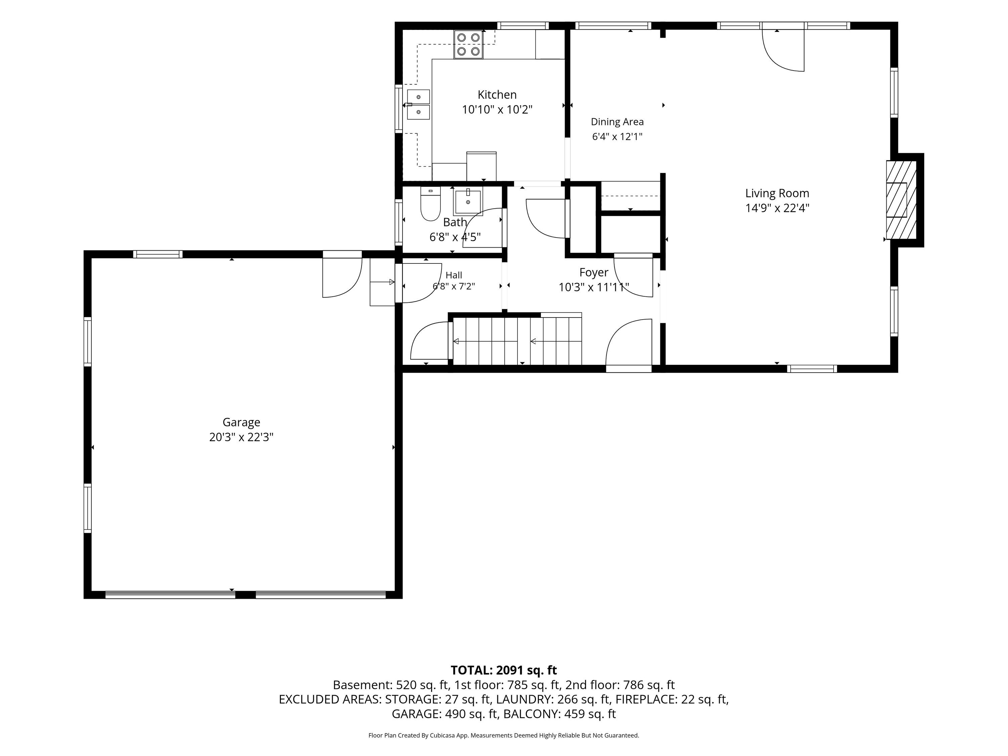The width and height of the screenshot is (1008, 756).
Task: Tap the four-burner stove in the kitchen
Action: coord(468,45)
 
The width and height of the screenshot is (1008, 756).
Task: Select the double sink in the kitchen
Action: coord(418,104)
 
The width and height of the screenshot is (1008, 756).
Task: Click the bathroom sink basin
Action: coord(468,201)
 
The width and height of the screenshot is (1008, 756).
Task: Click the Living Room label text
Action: coord(777,193)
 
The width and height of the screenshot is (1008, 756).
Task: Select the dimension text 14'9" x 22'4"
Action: coord(777,208)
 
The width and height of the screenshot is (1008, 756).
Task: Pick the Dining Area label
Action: coord(617,122)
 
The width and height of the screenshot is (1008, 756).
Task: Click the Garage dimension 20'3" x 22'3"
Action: coord(241,437)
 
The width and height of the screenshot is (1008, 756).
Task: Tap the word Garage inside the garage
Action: coord(241,422)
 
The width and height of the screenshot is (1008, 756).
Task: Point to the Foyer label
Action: coord(593,272)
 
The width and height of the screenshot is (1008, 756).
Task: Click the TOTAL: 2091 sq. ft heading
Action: coord(504,670)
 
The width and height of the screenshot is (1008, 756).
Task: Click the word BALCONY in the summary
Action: coord(531,714)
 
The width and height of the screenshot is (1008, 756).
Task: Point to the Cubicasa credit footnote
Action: coord(504,735)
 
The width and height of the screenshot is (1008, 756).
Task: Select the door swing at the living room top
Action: coord(783,50)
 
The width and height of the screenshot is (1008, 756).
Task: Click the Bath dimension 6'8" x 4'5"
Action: coord(455,237)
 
